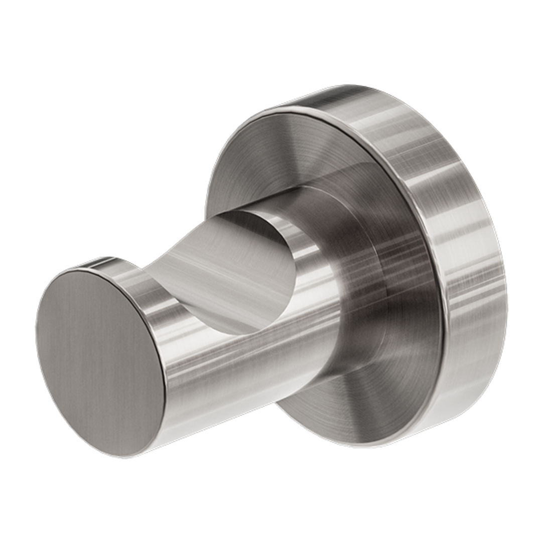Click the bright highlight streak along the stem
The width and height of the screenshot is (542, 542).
(251, 336)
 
